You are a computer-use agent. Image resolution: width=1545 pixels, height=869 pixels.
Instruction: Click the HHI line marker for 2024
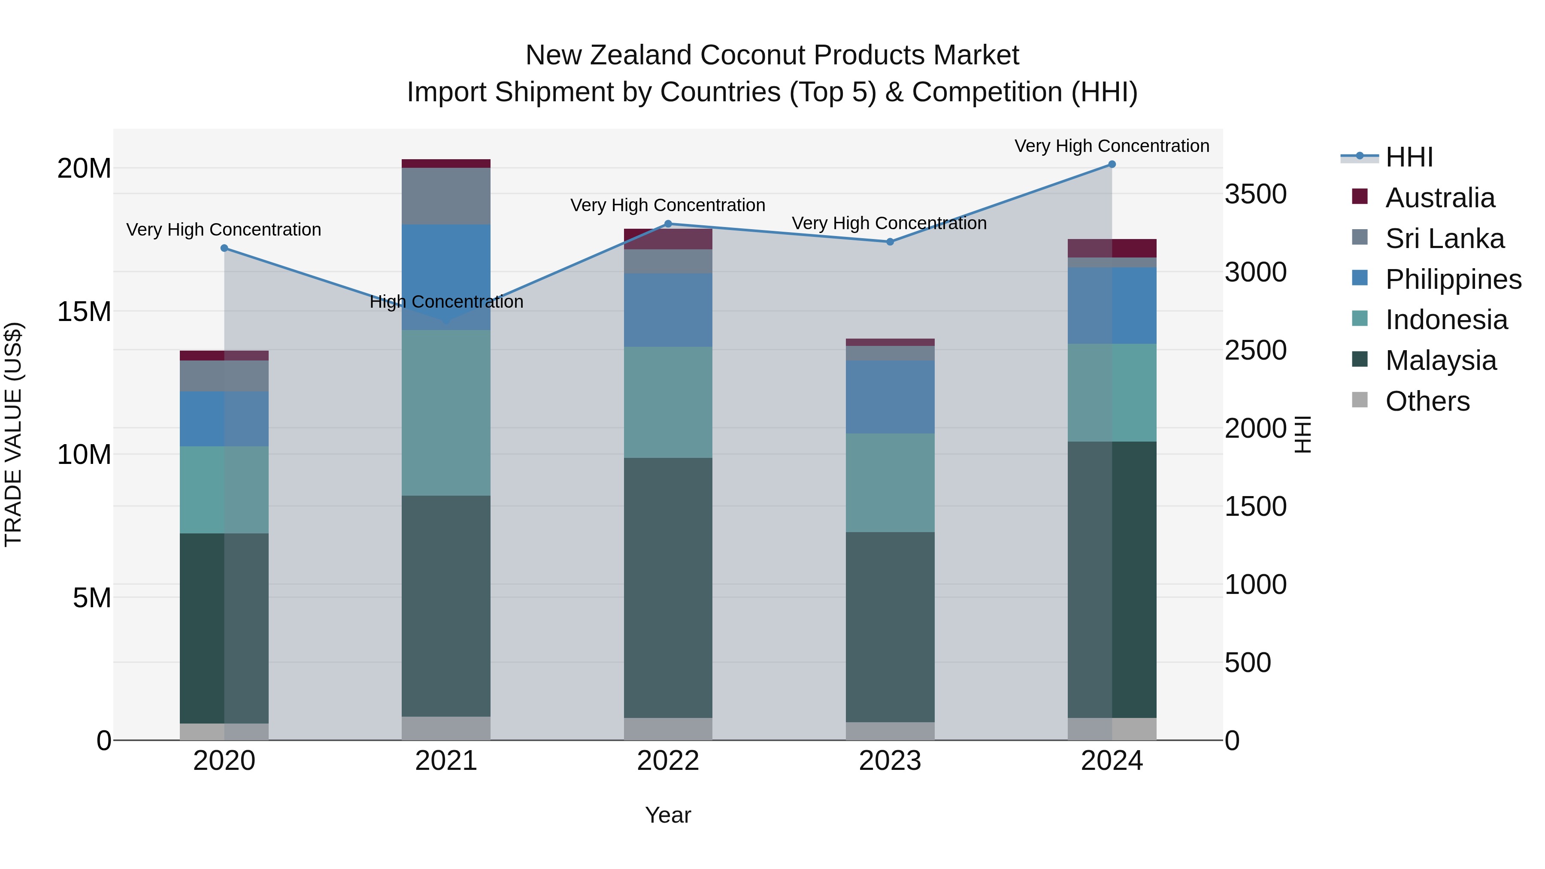point(1112,164)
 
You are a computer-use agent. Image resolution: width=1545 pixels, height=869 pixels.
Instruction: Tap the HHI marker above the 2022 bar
point(668,224)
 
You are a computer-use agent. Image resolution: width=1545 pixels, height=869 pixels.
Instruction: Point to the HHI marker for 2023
point(890,242)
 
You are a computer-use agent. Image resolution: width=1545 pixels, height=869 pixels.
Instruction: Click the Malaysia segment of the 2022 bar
point(668,588)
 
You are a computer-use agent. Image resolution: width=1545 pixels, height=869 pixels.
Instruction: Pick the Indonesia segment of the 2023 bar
point(890,483)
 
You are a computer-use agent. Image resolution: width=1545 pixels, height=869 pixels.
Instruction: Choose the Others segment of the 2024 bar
point(1112,729)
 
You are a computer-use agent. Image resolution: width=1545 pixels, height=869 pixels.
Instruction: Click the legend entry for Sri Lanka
point(1444,239)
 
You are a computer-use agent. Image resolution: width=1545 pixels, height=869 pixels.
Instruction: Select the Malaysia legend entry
point(1441,360)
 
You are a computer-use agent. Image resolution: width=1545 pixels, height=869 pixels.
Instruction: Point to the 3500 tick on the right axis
point(1255,194)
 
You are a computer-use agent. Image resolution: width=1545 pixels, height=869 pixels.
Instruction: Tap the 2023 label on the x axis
point(890,761)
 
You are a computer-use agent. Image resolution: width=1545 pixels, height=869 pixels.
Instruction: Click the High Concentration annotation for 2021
point(446,302)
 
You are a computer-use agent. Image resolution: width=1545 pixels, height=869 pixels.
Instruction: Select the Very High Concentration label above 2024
point(1112,146)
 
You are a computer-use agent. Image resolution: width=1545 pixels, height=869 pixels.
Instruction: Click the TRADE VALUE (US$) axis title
point(13,434)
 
